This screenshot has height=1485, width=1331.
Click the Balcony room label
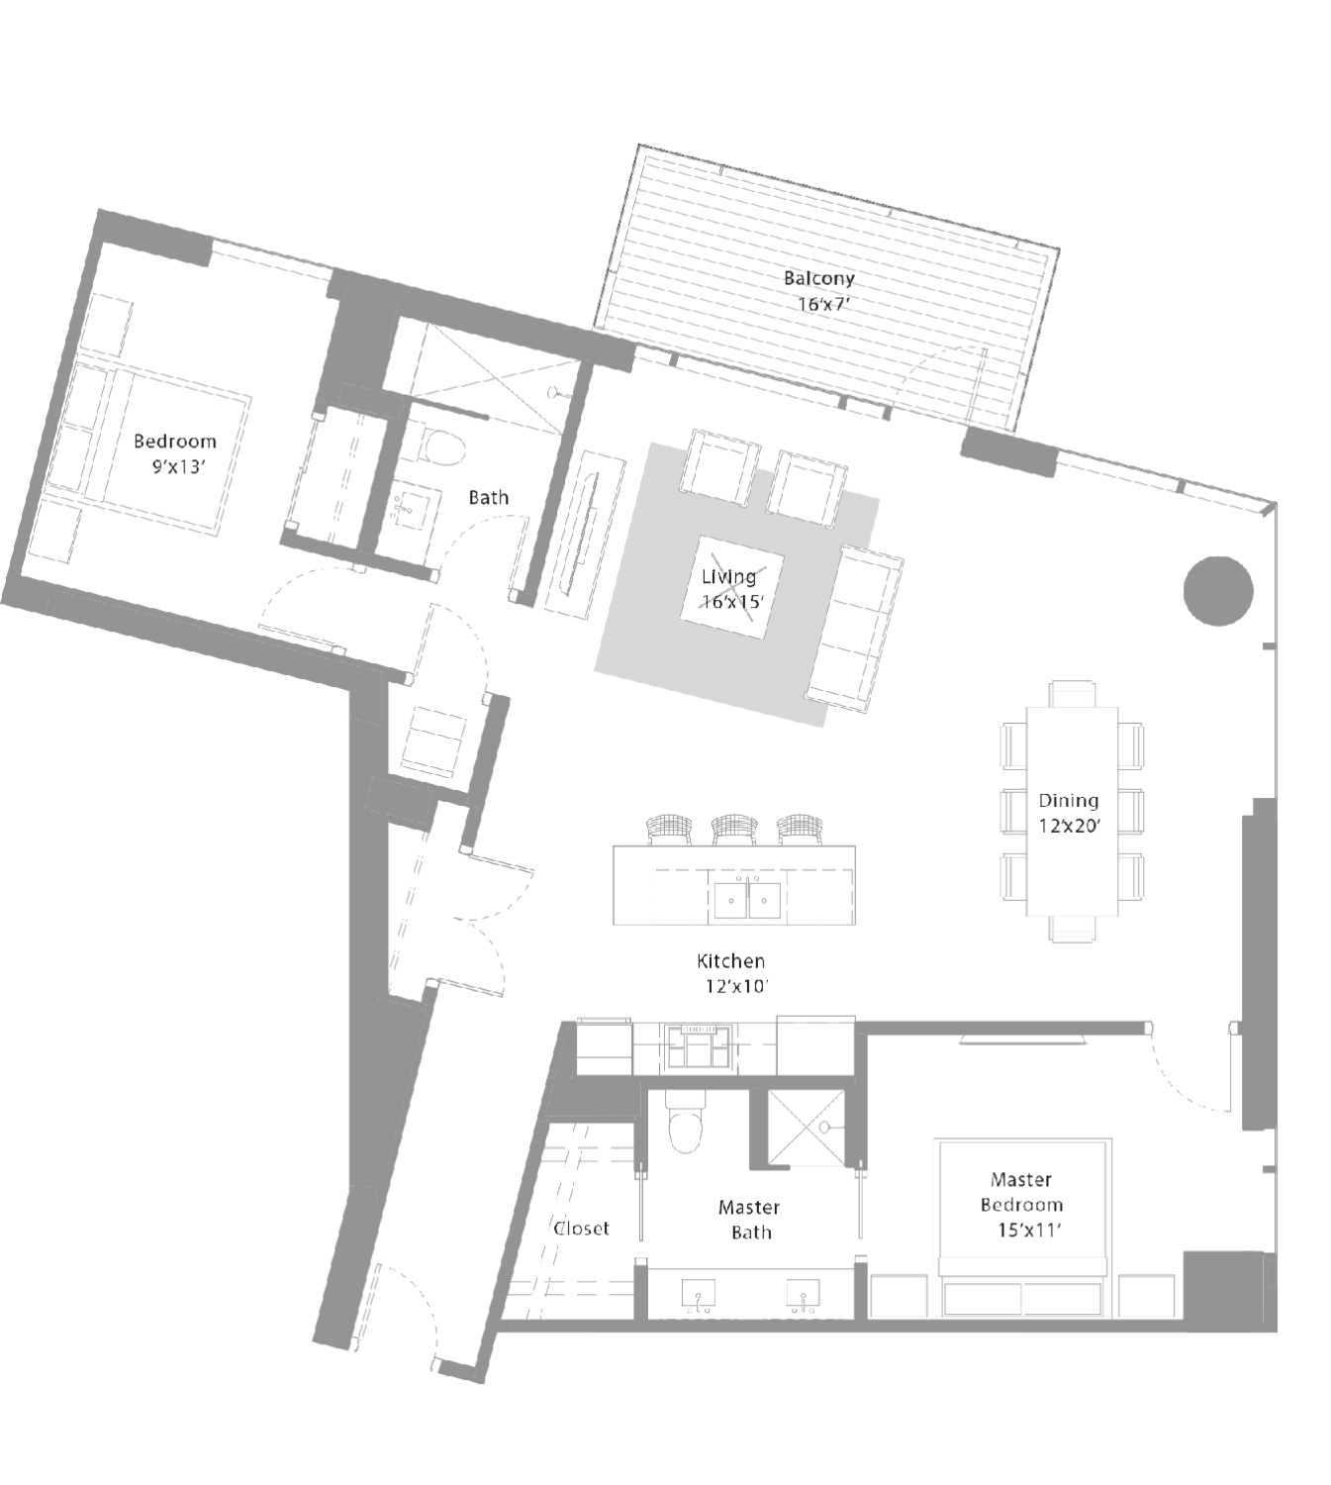pyautogui.click(x=818, y=278)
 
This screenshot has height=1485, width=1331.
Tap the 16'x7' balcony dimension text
pyautogui.click(x=823, y=304)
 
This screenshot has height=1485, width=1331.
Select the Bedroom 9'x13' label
pyautogui.click(x=176, y=453)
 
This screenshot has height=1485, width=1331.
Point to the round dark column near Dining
pyautogui.click(x=1218, y=591)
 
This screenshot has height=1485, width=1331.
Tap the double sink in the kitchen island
pyautogui.click(x=747, y=900)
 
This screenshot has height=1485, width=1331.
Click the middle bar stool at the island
pyautogui.click(x=733, y=831)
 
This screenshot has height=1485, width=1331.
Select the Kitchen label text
pyautogui.click(x=730, y=961)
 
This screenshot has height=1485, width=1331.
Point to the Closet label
pyautogui.click(x=581, y=1229)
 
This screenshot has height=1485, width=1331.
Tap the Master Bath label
pyautogui.click(x=749, y=1220)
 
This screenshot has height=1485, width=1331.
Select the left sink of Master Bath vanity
pyautogui.click(x=699, y=1295)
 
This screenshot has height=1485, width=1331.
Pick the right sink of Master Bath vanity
pyautogui.click(x=804, y=1295)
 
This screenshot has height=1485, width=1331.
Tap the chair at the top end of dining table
pyautogui.click(x=1073, y=693)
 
